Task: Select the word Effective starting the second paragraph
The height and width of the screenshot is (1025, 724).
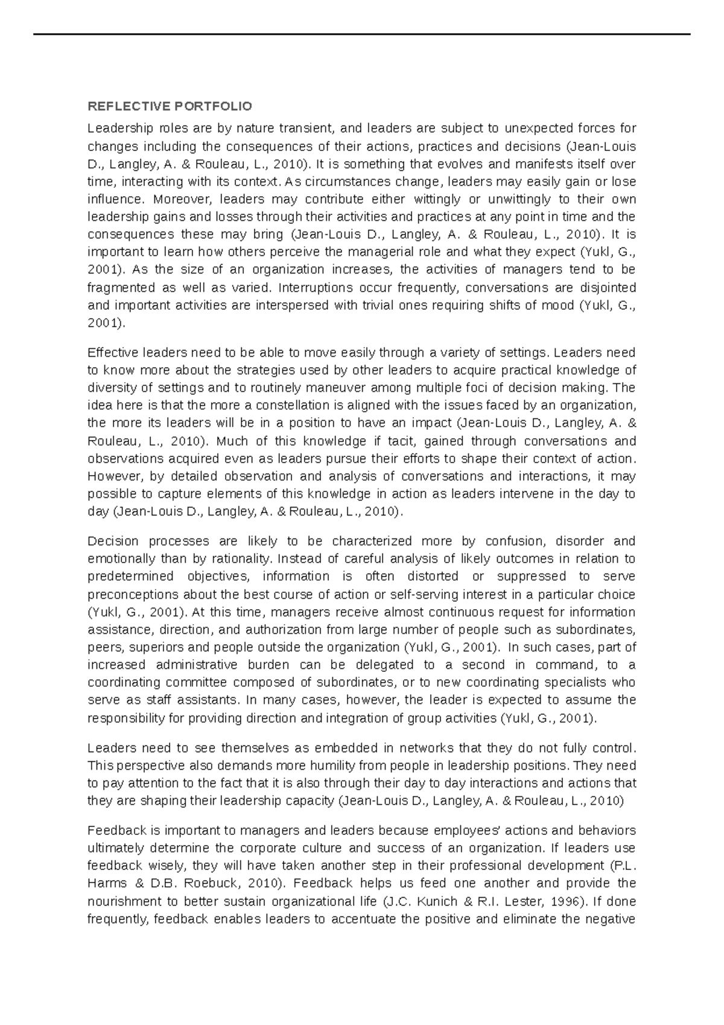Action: (x=113, y=352)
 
